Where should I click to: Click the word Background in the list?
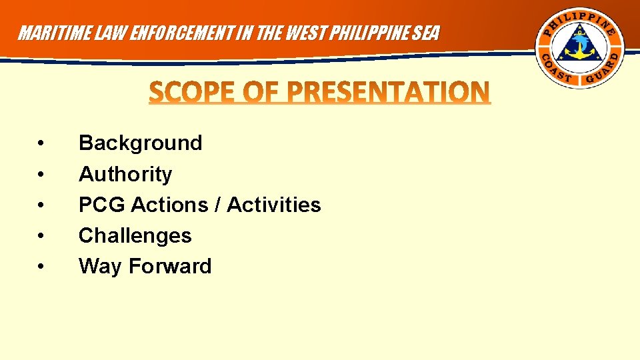[x=140, y=143]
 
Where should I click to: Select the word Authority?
[x=125, y=174]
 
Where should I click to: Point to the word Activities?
[x=273, y=205]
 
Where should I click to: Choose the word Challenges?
[x=135, y=235]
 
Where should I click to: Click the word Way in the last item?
[x=101, y=267]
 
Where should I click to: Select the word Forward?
[x=170, y=267]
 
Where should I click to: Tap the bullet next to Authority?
[x=41, y=175]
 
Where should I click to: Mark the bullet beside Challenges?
[x=41, y=236]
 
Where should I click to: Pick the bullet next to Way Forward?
[x=41, y=267]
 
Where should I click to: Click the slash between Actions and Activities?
[x=218, y=205]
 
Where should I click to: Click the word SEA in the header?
[x=427, y=33]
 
